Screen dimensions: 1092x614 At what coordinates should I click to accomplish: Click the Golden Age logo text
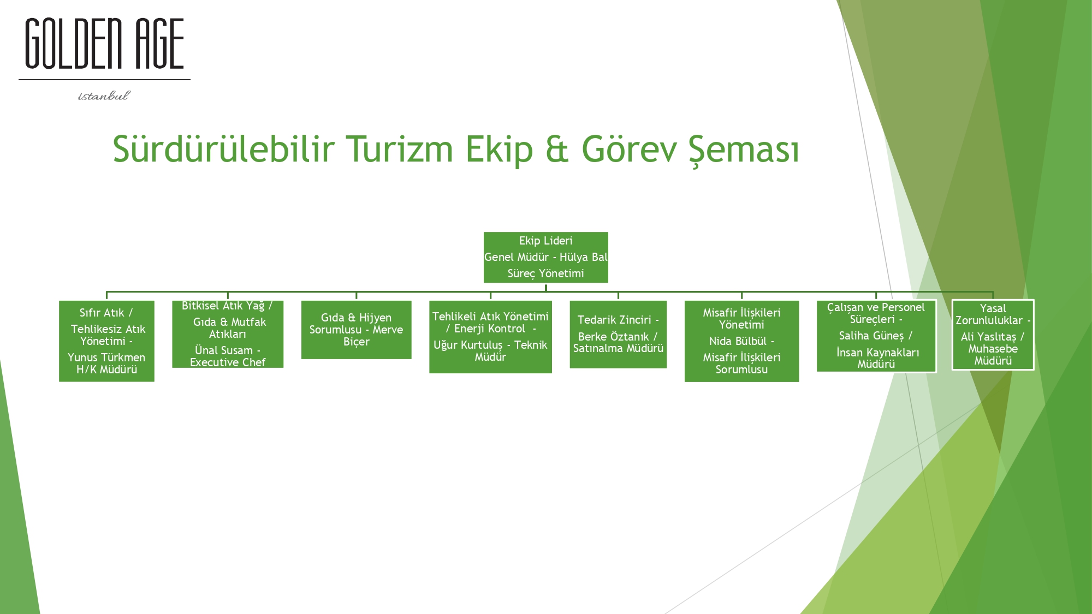(104, 44)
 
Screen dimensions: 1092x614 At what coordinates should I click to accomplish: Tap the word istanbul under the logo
(104, 96)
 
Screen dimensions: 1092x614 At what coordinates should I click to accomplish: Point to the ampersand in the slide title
(557, 150)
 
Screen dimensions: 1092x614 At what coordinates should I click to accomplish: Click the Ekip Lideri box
(545, 257)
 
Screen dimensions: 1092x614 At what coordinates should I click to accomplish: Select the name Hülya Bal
(583, 257)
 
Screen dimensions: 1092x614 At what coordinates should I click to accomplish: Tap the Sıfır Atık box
(106, 341)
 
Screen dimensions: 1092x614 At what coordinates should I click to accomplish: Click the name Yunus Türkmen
(106, 357)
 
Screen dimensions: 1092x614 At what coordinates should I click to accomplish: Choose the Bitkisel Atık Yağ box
(228, 334)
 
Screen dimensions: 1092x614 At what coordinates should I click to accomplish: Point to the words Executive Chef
(228, 362)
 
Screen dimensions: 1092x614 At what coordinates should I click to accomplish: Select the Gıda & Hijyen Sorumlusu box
(356, 330)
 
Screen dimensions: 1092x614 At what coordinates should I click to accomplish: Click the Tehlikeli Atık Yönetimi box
(490, 337)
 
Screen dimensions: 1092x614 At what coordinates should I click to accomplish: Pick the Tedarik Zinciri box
(618, 334)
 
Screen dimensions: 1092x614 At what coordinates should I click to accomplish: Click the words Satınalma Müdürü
(618, 348)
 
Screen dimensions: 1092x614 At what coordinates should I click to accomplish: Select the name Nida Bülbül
(738, 341)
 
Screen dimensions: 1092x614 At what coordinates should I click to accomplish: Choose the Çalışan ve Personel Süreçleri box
(876, 336)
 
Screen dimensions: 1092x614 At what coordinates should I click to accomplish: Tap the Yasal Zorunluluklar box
(993, 335)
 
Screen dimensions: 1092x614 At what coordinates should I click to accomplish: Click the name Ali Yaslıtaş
(988, 337)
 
